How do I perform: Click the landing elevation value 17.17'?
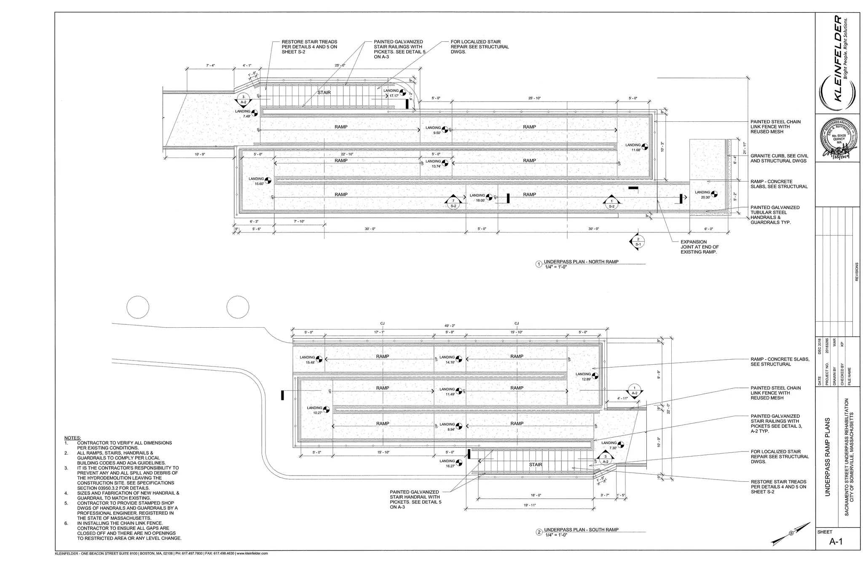coord(394,96)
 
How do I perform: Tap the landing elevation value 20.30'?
coord(705,197)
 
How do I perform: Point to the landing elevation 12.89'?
coord(587,379)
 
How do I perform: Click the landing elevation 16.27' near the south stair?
coord(447,466)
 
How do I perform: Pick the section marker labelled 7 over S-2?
coord(453,203)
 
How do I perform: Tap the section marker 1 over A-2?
coord(634,390)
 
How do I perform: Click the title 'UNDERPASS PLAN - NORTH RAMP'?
coord(581,262)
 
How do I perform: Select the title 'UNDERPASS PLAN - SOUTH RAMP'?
coord(581,529)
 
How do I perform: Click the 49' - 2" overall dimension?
coord(450,326)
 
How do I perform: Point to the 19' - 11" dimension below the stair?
coord(530,505)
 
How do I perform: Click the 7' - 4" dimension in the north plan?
coord(210,65)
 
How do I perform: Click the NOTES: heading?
coord(72,438)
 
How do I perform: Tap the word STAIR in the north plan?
coord(324,93)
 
